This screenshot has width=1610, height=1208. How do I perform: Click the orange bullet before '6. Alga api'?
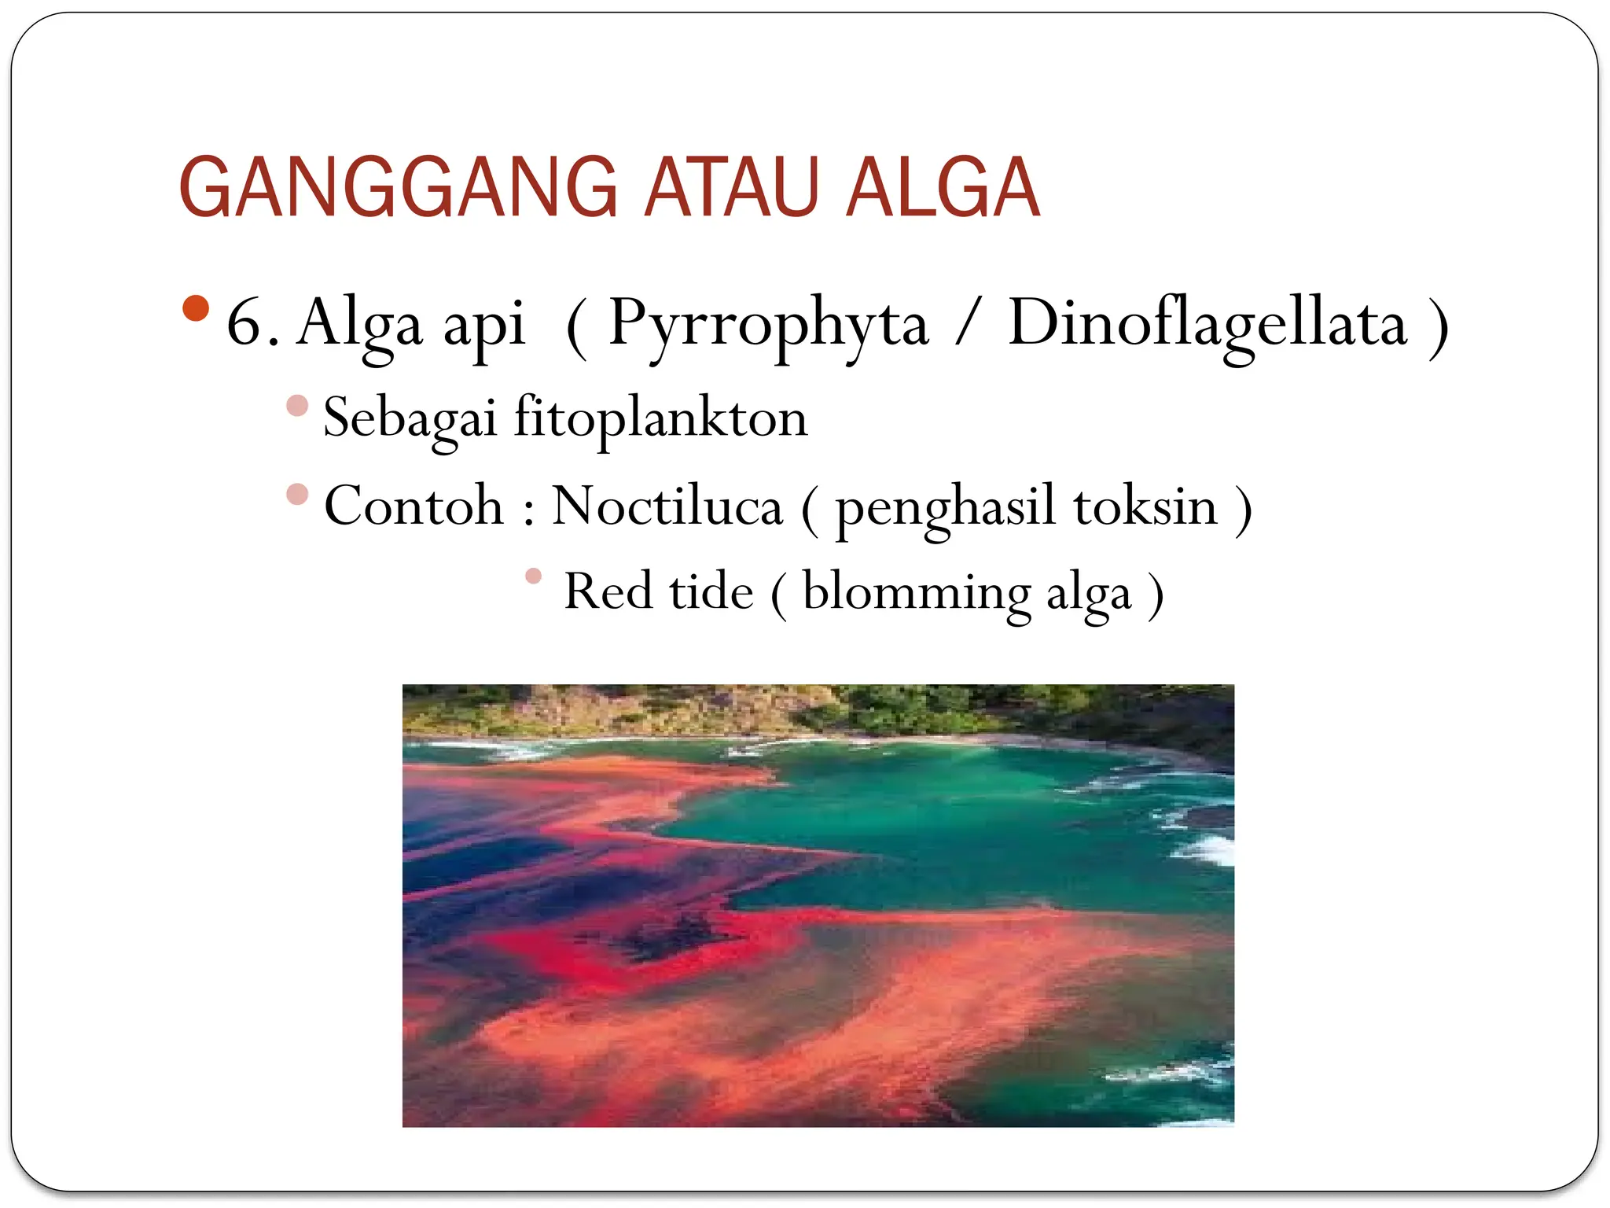click(x=195, y=308)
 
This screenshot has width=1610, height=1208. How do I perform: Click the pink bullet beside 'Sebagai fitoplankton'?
click(x=297, y=406)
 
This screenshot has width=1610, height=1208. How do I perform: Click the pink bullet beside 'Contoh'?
click(x=297, y=494)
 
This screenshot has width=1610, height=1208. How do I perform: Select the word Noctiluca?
click(x=667, y=506)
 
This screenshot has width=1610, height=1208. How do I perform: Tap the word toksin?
click(x=1145, y=506)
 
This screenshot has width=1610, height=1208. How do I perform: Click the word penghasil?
click(x=944, y=509)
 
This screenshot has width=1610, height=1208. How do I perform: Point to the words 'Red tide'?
click(x=658, y=591)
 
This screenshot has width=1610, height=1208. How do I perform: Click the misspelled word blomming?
click(x=916, y=593)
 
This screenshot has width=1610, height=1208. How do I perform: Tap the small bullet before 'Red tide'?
click(x=534, y=576)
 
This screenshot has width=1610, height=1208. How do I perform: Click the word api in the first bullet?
click(x=483, y=326)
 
